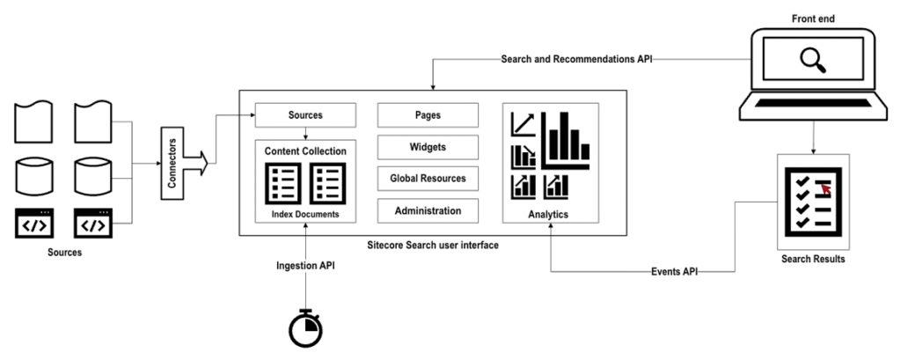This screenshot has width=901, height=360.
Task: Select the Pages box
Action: click(428, 115)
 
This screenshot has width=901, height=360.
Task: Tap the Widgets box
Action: click(428, 147)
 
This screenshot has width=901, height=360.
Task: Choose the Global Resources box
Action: click(428, 179)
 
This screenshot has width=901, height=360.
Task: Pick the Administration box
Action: click(428, 211)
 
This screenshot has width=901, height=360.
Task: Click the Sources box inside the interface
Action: click(305, 115)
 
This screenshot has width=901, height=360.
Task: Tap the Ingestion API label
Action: click(306, 264)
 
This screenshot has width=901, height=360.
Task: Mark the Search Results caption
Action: click(812, 260)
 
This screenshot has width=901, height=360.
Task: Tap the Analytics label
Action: click(549, 214)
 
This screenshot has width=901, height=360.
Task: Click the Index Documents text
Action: click(305, 214)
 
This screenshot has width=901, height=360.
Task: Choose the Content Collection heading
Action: click(305, 151)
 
